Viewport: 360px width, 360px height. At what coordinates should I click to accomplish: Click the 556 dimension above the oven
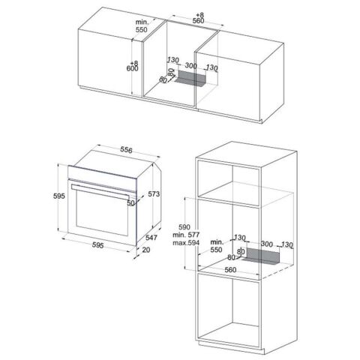pyautogui.click(x=126, y=150)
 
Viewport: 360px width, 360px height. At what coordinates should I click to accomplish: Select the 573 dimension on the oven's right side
pyautogui.click(x=154, y=193)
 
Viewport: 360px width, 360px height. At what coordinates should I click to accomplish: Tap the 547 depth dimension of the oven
pyautogui.click(x=151, y=238)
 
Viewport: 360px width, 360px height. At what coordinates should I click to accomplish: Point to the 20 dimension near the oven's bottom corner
pyautogui.click(x=146, y=250)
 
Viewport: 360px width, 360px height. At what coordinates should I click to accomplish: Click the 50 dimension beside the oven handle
pyautogui.click(x=130, y=203)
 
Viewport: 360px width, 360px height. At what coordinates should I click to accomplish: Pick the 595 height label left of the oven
pyautogui.click(x=59, y=196)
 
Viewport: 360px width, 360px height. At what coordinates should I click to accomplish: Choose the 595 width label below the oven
pyautogui.click(x=97, y=245)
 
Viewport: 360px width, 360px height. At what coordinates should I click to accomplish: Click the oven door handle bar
pyautogui.click(x=103, y=191)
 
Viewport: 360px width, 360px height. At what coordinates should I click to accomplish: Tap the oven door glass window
pyautogui.click(x=102, y=212)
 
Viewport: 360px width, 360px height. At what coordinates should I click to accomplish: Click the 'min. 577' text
pyautogui.click(x=186, y=235)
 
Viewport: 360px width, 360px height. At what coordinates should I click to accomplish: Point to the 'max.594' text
pyautogui.click(x=186, y=242)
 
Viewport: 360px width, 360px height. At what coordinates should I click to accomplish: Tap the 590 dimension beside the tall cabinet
pyautogui.click(x=184, y=227)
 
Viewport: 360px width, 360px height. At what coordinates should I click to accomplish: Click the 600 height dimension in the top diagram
pyautogui.click(x=132, y=68)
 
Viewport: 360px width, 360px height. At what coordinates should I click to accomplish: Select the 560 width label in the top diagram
pyautogui.click(x=198, y=21)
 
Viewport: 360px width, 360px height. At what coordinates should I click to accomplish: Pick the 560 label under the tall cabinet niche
pyautogui.click(x=230, y=270)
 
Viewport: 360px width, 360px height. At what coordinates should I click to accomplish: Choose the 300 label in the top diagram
pyautogui.click(x=190, y=66)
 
